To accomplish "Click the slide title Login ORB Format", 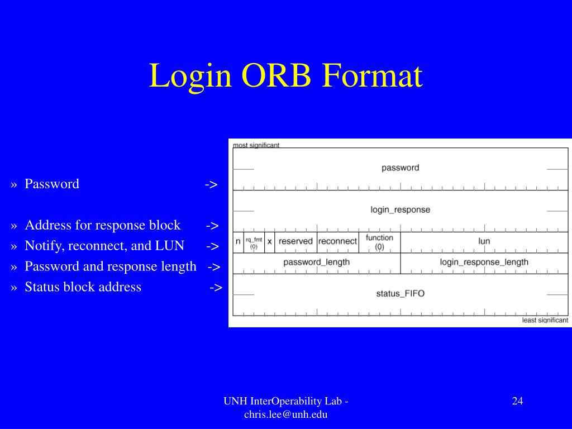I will (285, 76).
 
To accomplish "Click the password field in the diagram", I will (400, 168).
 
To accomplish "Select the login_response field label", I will (400, 210).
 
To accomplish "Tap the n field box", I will (238, 242).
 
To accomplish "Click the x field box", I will (269, 242).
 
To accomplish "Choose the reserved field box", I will (295, 242).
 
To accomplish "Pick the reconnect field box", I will (337, 242).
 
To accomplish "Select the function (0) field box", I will (379, 242).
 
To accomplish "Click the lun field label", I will (484, 241).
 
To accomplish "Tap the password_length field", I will (316, 263).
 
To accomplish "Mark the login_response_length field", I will (484, 263).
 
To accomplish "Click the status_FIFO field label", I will (400, 294).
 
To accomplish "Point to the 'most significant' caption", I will (256, 145).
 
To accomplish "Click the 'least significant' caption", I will (545, 321).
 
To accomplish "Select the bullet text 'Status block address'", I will (83, 287).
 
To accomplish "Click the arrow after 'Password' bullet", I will (211, 184).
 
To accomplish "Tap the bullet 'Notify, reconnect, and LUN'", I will (104, 246).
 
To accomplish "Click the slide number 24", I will (517, 401).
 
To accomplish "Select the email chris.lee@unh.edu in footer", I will (285, 414).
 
